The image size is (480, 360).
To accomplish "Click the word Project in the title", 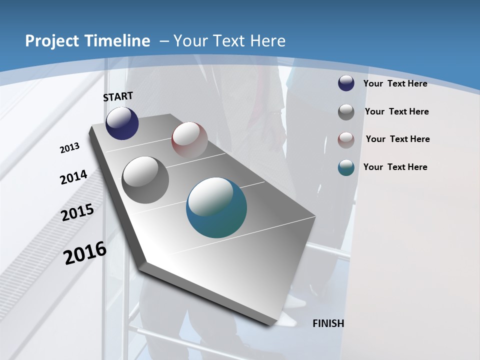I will tap(52, 41).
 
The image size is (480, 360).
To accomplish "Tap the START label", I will tap(118, 96).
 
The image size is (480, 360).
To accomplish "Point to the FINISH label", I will tap(328, 323).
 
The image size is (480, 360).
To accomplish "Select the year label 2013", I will tap(69, 148).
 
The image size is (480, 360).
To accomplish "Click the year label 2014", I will tap(73, 177).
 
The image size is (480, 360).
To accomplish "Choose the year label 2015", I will tap(77, 212).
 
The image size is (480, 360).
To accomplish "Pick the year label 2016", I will tap(85, 253).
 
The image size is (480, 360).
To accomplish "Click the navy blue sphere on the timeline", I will tap(122, 123).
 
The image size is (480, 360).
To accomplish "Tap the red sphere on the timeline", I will tap(189, 139).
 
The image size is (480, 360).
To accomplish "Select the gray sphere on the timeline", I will tap(145, 180).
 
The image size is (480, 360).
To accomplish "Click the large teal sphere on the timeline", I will tap(216, 207).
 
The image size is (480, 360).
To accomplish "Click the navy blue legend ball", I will tap(346, 83).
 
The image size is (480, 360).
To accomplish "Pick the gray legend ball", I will tap(346, 112).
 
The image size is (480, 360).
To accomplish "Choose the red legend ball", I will tap(346, 140).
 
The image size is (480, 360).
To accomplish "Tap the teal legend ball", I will tap(346, 167).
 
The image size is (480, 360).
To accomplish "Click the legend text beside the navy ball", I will tap(395, 83).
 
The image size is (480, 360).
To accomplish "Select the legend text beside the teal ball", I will tap(395, 167).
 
